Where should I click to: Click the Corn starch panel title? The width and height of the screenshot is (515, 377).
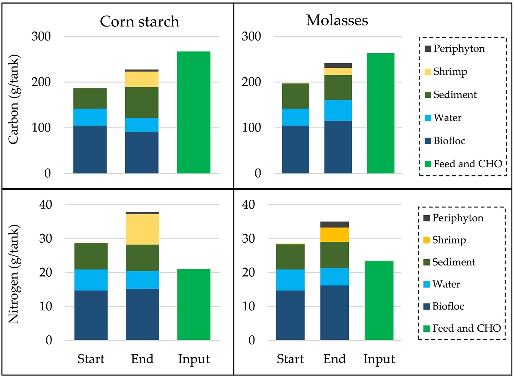[139, 22]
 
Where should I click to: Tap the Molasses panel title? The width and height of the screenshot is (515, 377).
[337, 20]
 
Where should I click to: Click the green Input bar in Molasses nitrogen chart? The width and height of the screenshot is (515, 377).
[379, 300]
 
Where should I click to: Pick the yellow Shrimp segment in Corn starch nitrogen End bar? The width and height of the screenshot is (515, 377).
[142, 229]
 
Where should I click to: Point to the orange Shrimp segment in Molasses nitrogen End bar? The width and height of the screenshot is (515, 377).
[334, 235]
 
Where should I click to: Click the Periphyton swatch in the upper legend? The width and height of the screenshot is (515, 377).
[428, 49]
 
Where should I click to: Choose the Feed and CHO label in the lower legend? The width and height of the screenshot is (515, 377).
[466, 329]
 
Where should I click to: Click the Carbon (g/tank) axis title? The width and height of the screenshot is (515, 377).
[13, 100]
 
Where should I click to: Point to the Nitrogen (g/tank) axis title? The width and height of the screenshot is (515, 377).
[13, 274]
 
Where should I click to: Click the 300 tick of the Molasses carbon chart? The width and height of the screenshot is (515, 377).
[251, 36]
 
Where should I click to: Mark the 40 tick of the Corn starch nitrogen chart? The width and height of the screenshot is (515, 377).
[46, 205]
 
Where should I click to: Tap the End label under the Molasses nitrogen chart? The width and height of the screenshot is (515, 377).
[334, 359]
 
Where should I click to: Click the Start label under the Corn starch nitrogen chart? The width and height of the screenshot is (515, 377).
[91, 359]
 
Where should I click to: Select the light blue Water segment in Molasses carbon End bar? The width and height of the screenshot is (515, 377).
[338, 110]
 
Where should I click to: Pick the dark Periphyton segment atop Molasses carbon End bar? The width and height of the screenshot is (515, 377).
[338, 65]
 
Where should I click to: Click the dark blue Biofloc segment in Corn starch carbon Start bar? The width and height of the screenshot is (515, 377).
[90, 149]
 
